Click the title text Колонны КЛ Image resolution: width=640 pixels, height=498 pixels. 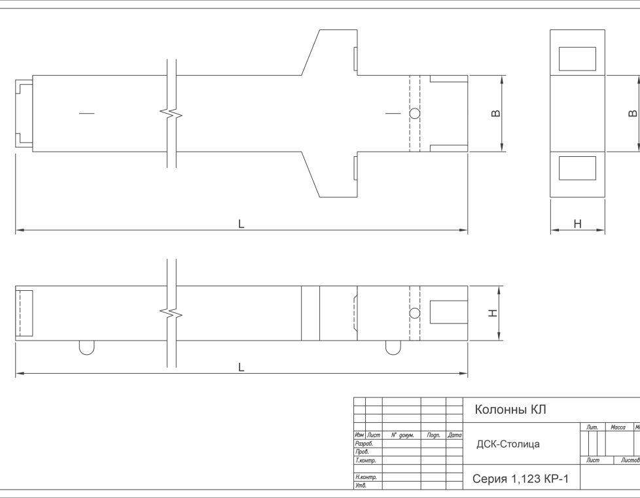(510, 409)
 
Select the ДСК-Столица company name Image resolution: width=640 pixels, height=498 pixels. (508, 444)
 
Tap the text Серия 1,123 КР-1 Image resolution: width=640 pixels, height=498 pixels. (520, 478)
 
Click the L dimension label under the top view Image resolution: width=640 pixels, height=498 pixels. (241, 224)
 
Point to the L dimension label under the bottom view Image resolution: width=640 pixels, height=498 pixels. (241, 367)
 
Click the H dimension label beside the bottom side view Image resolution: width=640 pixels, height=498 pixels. (493, 313)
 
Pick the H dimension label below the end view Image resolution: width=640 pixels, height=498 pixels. (578, 224)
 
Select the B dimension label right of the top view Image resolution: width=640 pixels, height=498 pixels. (495, 113)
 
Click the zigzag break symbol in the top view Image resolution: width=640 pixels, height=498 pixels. (171, 113)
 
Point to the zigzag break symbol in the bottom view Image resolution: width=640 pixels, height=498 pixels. (171, 314)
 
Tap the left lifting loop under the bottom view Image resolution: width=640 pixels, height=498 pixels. (86, 354)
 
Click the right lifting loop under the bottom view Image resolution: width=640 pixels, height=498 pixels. (393, 354)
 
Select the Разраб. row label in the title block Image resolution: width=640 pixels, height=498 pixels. (364, 443)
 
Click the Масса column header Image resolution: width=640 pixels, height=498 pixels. (618, 427)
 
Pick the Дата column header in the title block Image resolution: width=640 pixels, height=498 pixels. (454, 435)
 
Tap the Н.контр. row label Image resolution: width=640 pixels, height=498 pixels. (366, 477)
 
